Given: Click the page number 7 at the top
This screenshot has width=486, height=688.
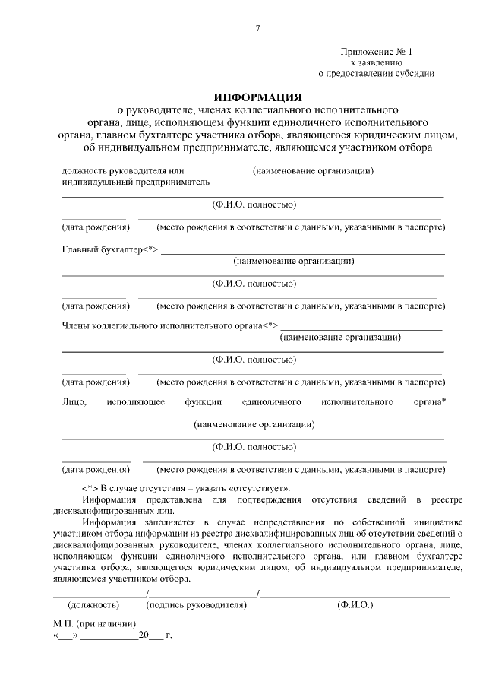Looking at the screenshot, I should [x=257, y=28].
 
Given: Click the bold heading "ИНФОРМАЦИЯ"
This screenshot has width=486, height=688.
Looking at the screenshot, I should [x=257, y=97].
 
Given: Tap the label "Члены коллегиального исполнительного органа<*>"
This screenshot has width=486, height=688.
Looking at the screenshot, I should [x=169, y=325].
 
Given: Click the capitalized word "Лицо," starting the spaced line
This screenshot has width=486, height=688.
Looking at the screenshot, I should [x=74, y=401].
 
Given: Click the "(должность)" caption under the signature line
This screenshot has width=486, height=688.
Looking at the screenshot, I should [x=94, y=605].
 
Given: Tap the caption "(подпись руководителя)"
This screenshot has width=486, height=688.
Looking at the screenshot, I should [x=197, y=605].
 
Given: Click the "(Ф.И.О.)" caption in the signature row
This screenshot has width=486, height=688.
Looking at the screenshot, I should [x=355, y=605].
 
